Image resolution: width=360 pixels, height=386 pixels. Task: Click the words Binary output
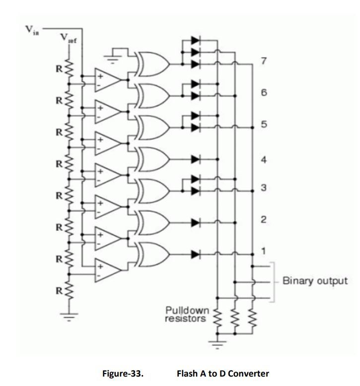pos(314,281)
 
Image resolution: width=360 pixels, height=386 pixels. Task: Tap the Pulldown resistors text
pos(187,315)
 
